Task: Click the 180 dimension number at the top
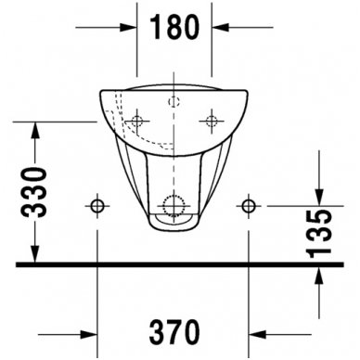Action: click(174, 28)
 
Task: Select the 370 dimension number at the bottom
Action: click(174, 330)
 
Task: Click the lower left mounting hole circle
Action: click(97, 205)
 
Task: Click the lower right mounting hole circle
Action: click(248, 205)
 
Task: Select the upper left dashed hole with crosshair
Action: click(137, 121)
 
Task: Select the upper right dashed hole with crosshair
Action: click(212, 121)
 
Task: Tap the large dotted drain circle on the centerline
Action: click(174, 205)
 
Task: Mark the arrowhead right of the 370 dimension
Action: click(256, 331)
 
